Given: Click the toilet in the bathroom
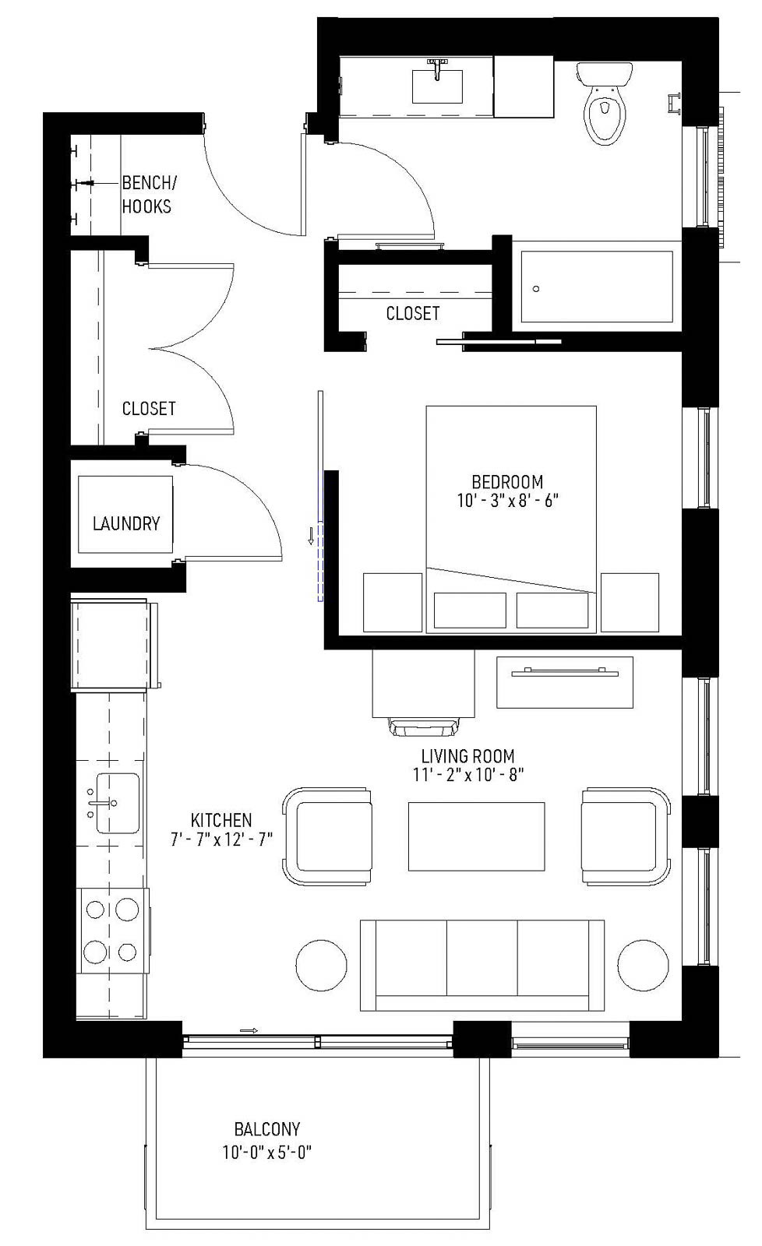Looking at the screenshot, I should (603, 109).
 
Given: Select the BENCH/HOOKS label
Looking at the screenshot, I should (148, 195).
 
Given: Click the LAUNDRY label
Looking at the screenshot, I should (126, 523).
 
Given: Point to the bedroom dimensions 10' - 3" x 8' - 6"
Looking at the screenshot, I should (507, 501).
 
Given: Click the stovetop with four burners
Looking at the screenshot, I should (112, 930).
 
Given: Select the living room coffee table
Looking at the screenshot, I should (476, 836).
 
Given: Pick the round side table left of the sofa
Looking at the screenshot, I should (321, 965).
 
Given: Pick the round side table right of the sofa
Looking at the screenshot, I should (644, 965).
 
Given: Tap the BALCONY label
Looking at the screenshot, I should (267, 1128).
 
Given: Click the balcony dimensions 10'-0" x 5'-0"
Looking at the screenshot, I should (267, 1153).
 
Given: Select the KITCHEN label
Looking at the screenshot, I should (221, 820).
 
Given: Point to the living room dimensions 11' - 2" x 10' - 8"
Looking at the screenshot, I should (468, 775).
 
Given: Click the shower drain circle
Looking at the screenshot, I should (536, 289).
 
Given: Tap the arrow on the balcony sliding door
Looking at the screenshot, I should (249, 1030).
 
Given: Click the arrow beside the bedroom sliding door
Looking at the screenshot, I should (311, 535).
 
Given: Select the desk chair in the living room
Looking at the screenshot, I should (425, 726).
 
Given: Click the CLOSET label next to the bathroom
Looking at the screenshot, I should (413, 313).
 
